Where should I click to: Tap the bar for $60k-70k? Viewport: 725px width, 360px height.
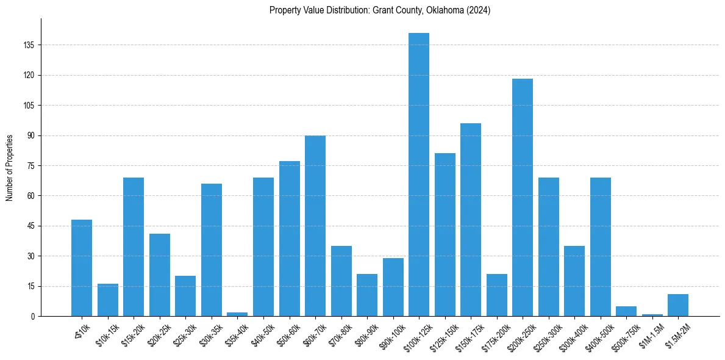click(x=315, y=226)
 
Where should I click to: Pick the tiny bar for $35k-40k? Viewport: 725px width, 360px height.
click(x=237, y=314)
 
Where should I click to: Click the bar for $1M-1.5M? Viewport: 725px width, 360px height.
click(x=652, y=315)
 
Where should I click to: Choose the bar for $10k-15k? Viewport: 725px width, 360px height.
click(x=108, y=300)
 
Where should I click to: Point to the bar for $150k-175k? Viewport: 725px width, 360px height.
click(x=471, y=220)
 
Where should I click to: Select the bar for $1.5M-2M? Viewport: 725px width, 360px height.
click(x=678, y=305)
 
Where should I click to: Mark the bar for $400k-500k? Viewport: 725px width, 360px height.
click(x=601, y=247)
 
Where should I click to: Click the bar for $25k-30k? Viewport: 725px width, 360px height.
click(x=185, y=296)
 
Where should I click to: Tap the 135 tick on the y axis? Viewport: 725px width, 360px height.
click(x=29, y=45)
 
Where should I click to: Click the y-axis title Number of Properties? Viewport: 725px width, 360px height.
click(x=9, y=167)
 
